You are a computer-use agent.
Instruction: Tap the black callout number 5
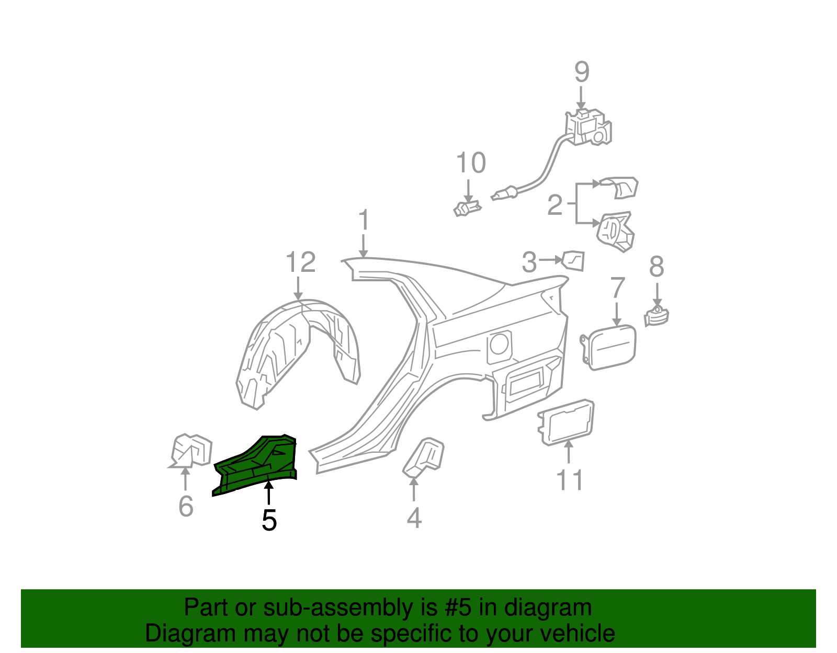coord(269,520)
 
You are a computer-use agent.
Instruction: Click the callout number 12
coord(301,262)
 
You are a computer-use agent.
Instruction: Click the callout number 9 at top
coord(582,72)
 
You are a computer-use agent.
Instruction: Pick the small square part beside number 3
coord(573,260)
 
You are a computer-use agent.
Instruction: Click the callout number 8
coord(657,267)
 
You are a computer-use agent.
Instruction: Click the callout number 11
coord(570,480)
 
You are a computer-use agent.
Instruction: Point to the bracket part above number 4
coord(425,457)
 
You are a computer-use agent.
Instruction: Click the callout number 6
coord(186,506)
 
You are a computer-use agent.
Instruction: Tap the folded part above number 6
coord(191,450)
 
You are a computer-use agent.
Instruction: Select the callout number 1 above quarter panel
coord(364,221)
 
